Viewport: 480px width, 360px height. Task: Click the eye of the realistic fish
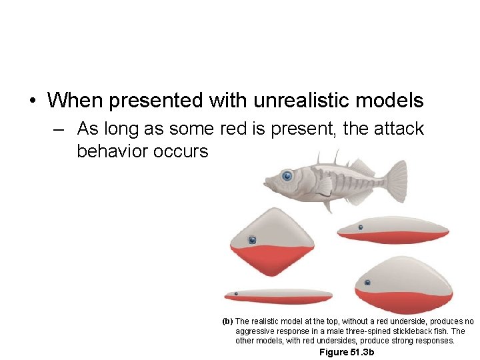pos(287,176)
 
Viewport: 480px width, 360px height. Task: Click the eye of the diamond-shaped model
pos(253,240)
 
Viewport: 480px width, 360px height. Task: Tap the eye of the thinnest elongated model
pos(235,293)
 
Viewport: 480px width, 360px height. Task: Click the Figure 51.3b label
pos(347,352)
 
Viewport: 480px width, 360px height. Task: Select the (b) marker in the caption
pos(227,321)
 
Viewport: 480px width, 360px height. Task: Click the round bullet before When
pos(32,101)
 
